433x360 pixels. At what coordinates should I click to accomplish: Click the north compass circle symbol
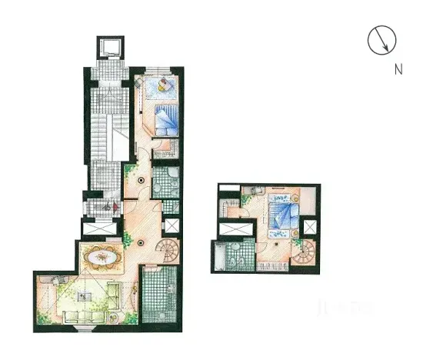click(381, 40)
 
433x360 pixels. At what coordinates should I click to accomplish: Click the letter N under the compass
click(398, 69)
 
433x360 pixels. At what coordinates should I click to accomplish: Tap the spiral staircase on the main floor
click(167, 248)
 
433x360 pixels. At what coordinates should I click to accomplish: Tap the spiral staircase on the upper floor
click(305, 251)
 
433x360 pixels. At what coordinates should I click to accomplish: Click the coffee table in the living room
click(87, 292)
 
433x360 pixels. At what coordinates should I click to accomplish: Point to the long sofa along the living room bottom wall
click(86, 317)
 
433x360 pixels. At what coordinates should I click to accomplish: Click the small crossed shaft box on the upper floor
click(309, 228)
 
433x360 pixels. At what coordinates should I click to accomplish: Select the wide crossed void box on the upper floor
click(235, 228)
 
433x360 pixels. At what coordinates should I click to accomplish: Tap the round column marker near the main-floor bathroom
click(141, 181)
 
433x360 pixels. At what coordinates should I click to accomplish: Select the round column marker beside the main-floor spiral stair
click(141, 242)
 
